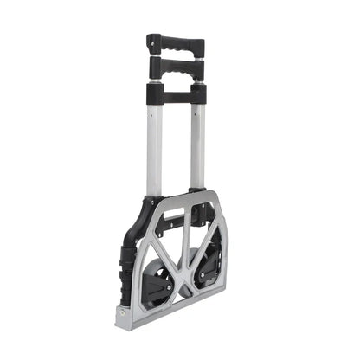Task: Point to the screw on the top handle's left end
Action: pos(153,40)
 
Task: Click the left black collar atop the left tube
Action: pos(154,92)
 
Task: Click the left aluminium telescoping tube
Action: pos(154,147)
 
